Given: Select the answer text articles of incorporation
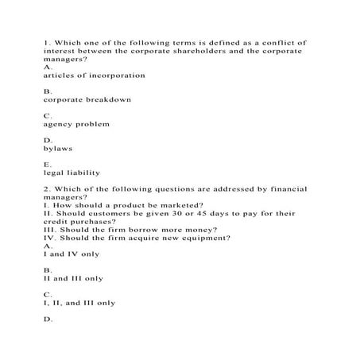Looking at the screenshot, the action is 95,75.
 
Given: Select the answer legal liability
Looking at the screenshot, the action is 72,173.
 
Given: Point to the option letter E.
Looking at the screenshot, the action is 47,165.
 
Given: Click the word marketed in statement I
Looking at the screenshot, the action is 177,205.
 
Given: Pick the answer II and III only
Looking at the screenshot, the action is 74,279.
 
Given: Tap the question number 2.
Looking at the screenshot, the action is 47,189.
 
